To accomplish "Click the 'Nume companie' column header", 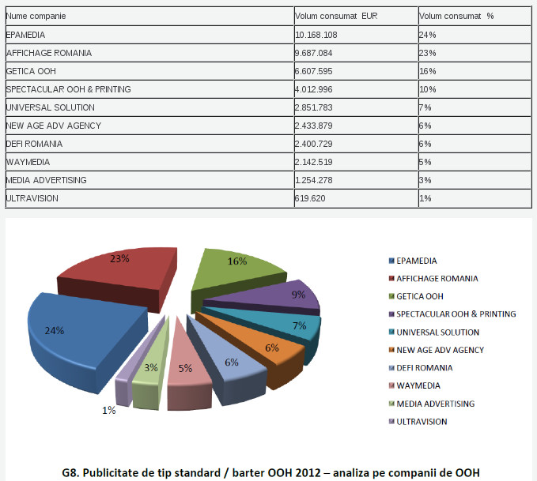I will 36,16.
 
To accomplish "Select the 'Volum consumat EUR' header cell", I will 336,16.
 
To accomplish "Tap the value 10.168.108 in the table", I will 316,35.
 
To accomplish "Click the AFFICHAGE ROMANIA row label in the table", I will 48,53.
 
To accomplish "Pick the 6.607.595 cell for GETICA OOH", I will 315,71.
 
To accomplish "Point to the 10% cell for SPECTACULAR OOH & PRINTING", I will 428,89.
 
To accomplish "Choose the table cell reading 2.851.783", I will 315,107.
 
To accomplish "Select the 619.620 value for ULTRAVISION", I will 310,198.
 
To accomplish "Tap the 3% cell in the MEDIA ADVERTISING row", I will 425,180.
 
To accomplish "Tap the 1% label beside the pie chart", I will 108,411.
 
